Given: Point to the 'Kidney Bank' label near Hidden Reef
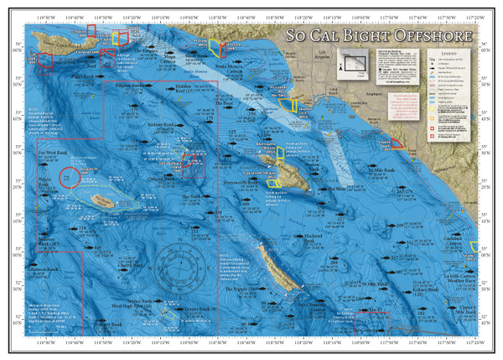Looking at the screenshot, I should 158,122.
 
